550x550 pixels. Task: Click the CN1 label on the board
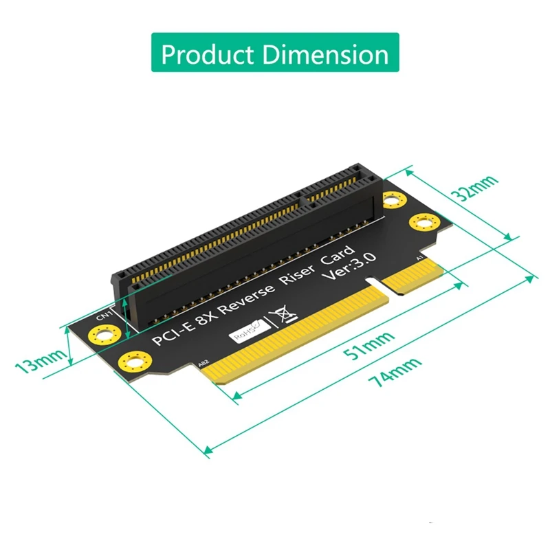pyautogui.click(x=104, y=316)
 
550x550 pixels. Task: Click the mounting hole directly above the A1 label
pyautogui.click(x=423, y=224)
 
